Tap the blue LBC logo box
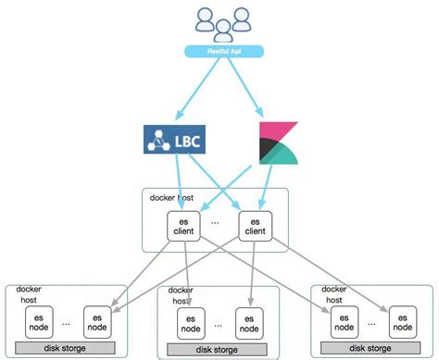point(172,141)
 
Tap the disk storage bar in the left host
point(65,347)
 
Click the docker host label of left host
point(29,295)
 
